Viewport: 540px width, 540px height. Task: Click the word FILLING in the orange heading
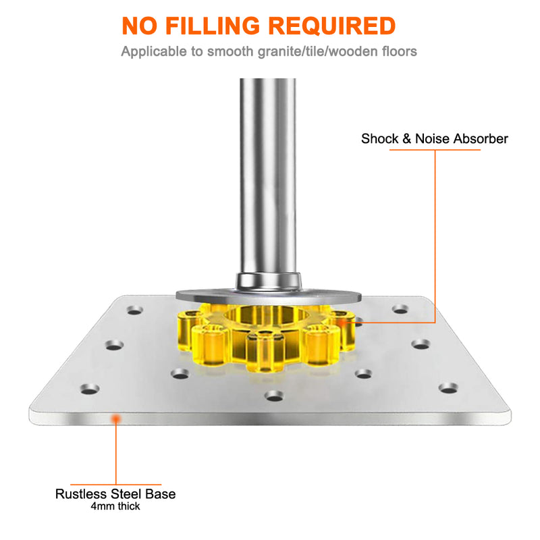click(x=213, y=26)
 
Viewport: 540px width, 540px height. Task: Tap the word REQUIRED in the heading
click(x=332, y=26)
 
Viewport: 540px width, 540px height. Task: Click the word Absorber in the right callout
click(x=481, y=138)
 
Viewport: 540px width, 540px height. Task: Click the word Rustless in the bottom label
click(x=81, y=494)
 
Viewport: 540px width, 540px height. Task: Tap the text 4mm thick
click(x=115, y=506)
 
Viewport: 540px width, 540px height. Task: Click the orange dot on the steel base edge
click(x=116, y=418)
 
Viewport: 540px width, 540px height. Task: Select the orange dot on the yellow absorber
click(x=342, y=323)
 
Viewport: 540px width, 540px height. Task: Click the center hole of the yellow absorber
click(x=267, y=315)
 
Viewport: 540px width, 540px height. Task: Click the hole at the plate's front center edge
click(x=275, y=396)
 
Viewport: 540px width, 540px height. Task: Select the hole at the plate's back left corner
click(x=135, y=310)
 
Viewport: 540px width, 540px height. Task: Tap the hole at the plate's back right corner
click(x=400, y=309)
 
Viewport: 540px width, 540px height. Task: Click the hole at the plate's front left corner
click(x=90, y=389)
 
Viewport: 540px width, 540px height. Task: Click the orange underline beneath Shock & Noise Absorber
click(x=435, y=150)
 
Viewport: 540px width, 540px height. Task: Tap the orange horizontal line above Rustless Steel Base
click(x=115, y=485)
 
